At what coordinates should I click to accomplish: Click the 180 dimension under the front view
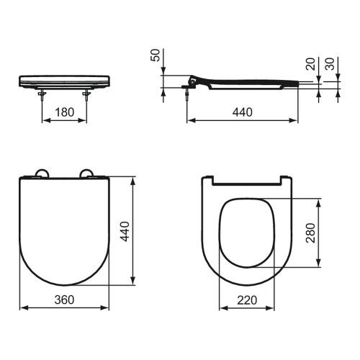point(63,114)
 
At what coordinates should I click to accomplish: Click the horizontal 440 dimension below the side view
point(241,114)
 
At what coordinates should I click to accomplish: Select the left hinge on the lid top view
point(41,173)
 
